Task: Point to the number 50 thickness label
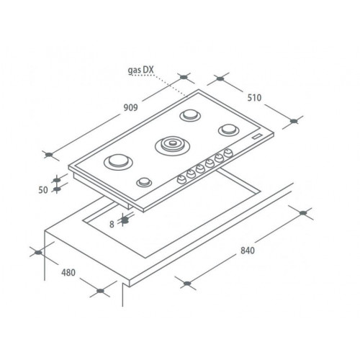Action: tap(43, 190)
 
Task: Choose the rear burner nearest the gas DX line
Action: tap(190, 115)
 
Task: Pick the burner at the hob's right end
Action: tap(229, 129)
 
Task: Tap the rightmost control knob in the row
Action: tap(228, 153)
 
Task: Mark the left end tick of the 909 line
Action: tap(48, 153)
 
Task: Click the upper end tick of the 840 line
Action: tap(302, 213)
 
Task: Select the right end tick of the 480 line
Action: tap(101, 292)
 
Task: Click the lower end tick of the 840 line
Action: tap(187, 282)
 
